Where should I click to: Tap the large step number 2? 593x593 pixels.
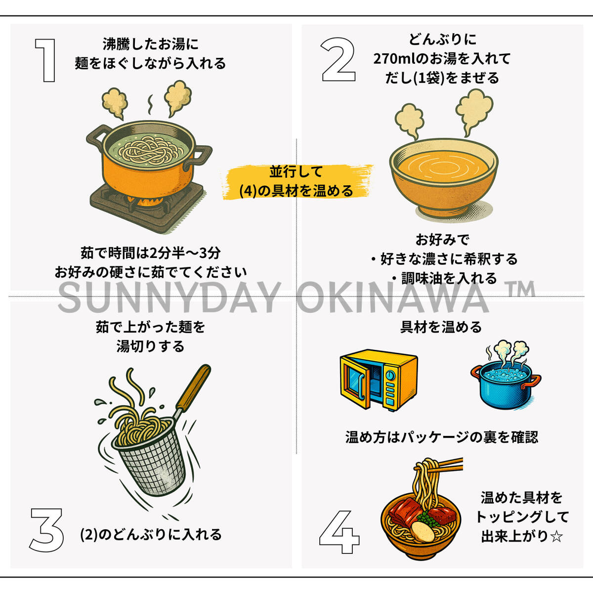coord(338,60)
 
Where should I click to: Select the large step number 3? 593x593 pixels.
coord(46,530)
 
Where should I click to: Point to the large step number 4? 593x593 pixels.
coord(339,532)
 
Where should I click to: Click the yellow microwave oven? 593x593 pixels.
coord(379,380)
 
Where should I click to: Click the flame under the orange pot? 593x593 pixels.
coord(146,201)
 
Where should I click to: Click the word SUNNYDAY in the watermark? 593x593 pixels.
coord(169,298)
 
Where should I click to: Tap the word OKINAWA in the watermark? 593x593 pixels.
coord(393,298)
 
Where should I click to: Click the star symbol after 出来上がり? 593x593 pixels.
coord(556,537)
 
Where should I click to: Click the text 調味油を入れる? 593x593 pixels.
coord(449,278)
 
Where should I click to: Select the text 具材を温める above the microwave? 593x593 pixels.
coord(441,327)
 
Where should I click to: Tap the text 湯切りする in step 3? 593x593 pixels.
coord(151,346)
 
